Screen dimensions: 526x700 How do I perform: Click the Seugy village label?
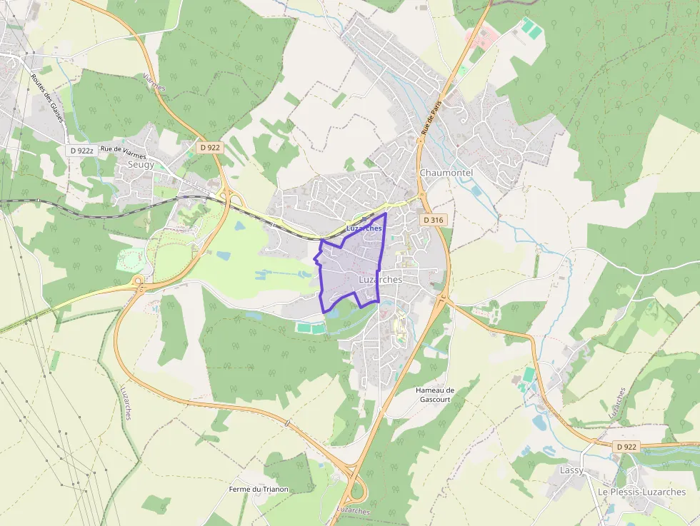click(x=140, y=164)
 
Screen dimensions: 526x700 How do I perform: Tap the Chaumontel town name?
click(x=446, y=173)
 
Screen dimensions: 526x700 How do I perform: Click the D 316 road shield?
click(x=434, y=221)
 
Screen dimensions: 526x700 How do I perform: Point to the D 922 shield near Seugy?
click(x=210, y=147)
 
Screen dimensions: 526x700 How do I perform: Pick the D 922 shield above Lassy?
click(x=625, y=446)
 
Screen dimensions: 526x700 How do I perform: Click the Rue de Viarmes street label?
click(x=123, y=150)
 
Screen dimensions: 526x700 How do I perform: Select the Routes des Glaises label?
click(x=48, y=99)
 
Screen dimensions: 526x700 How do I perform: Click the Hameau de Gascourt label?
click(x=435, y=395)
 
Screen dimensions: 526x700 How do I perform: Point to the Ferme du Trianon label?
click(x=259, y=489)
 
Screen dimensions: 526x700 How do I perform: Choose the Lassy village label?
click(x=571, y=470)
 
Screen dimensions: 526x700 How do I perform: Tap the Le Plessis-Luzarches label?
click(x=641, y=492)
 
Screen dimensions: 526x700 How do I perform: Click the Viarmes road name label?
click(x=154, y=81)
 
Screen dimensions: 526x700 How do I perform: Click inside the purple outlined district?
click(x=350, y=271)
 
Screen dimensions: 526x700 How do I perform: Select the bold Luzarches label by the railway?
click(x=364, y=228)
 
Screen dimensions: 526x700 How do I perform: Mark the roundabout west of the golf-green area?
click(x=138, y=285)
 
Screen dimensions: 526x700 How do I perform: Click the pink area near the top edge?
click(x=481, y=34)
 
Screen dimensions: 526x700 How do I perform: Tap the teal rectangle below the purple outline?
click(x=309, y=328)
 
